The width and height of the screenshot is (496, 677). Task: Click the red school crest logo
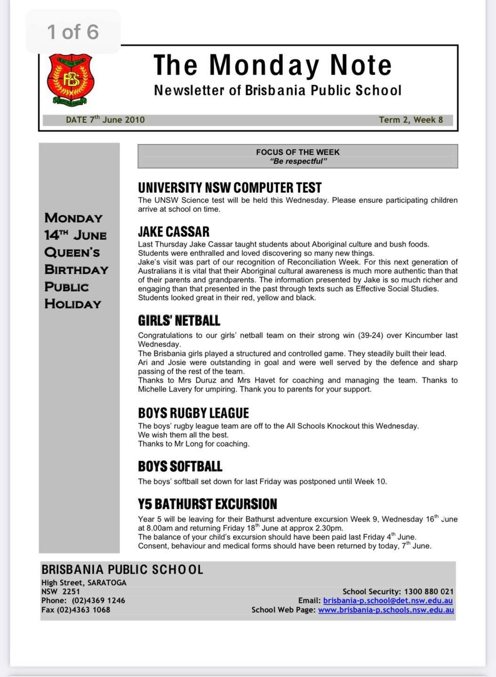71,79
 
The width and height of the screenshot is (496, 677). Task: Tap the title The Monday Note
272,65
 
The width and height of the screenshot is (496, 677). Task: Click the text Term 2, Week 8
411,119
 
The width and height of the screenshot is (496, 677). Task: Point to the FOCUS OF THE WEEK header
297,152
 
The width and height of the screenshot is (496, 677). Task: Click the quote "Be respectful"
298,161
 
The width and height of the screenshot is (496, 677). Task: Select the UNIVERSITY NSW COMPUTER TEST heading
230,188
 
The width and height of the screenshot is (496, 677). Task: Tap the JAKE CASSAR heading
174,231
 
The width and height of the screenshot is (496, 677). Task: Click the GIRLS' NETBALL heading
179,321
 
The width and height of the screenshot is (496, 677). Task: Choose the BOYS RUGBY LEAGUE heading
193,413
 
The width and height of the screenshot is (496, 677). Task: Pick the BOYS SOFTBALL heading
180,466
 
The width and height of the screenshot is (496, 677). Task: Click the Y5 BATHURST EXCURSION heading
208,504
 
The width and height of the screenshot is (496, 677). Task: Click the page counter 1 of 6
73,32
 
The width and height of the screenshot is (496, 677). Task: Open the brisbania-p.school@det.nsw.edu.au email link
388,600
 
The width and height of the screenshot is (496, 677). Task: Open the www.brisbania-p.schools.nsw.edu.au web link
386,610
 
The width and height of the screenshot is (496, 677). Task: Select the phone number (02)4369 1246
98,600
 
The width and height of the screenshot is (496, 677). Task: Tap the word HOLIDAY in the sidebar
73,304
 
